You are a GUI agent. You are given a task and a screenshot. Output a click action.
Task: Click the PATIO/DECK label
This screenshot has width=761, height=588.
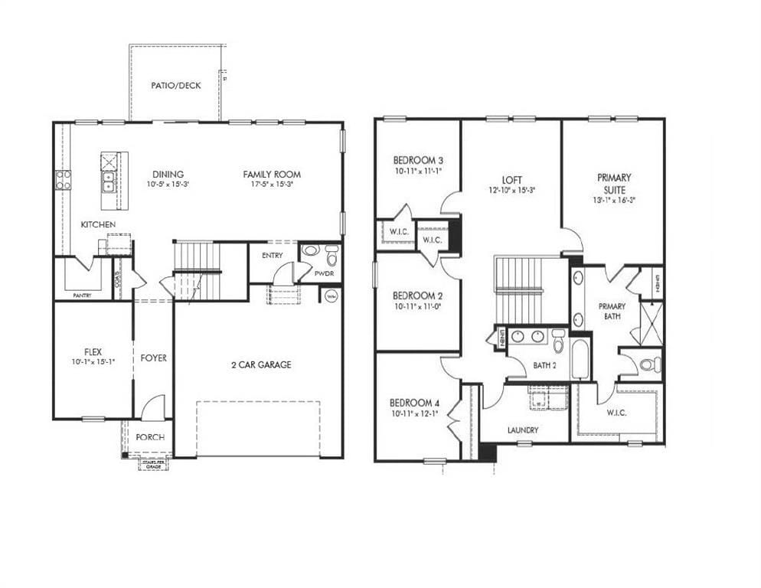click(176, 86)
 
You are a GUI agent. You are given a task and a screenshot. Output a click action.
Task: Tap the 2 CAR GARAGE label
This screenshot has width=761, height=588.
click(261, 365)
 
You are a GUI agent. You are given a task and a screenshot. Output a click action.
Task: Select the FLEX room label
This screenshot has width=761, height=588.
click(93, 351)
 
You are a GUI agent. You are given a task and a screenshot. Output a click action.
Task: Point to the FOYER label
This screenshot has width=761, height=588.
click(153, 358)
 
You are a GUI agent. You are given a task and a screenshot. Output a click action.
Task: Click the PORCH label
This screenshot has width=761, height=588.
click(150, 437)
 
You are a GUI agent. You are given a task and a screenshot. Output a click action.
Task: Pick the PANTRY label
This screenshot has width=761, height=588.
click(82, 295)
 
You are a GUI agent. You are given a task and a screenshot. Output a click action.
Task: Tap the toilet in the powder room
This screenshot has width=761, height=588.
click(332, 253)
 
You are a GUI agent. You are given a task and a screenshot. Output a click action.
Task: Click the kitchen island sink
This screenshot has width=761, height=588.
click(109, 181)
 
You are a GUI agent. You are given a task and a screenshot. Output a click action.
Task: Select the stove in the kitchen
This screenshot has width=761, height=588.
click(63, 180)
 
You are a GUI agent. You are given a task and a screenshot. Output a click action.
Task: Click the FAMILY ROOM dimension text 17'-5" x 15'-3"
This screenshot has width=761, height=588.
click(272, 185)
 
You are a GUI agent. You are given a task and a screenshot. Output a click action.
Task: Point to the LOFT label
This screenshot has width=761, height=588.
click(511, 179)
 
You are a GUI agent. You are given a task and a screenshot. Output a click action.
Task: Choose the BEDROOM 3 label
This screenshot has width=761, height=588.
click(418, 160)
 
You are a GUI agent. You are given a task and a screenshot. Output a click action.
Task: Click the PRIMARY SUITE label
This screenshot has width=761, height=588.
click(615, 183)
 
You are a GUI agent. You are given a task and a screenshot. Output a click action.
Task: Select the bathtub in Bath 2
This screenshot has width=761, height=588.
click(580, 359)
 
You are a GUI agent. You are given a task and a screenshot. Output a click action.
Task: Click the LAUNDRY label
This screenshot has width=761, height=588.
click(523, 430)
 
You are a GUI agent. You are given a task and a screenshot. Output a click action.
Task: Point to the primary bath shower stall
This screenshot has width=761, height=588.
click(651, 322)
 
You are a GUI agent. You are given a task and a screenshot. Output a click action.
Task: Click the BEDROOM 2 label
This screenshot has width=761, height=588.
click(418, 296)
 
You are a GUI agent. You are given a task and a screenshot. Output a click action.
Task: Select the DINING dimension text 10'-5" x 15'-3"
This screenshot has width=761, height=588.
click(167, 185)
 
